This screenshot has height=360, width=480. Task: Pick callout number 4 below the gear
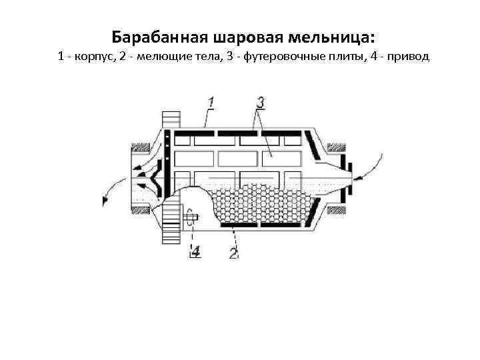(195, 251)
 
